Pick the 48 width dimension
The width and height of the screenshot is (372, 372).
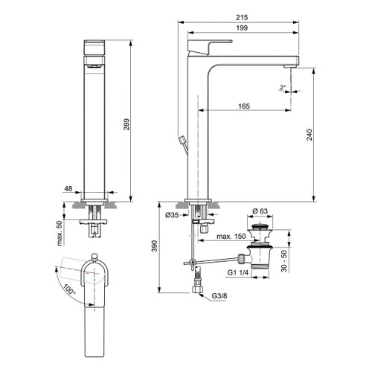coord(68,190)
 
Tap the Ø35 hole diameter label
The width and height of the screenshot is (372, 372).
coord(172,217)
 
